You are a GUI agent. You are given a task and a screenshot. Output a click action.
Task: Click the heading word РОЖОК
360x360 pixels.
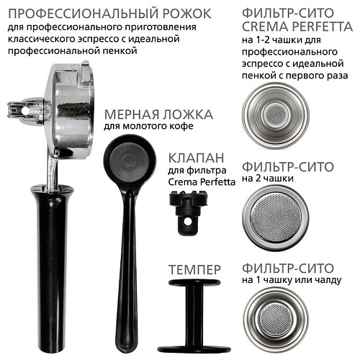187,14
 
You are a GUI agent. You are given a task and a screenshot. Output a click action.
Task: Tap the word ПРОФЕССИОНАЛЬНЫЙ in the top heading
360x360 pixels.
84,14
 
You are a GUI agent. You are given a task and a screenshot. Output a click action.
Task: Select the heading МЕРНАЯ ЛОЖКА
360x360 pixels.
158,114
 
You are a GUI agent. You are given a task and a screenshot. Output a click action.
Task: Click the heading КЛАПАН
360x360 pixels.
196,158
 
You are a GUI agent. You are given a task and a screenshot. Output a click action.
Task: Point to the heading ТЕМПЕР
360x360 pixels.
194,269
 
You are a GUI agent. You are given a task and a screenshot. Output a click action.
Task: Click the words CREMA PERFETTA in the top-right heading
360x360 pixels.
297,27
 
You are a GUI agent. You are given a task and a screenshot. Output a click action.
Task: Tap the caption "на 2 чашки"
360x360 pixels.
267,179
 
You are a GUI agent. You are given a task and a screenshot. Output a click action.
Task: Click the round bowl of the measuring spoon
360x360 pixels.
130,162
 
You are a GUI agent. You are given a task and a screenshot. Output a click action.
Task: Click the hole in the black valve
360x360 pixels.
188,222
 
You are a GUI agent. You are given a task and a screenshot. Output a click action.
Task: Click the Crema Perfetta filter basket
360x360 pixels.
276,116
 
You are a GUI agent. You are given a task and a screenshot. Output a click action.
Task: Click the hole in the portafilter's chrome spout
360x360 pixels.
24,110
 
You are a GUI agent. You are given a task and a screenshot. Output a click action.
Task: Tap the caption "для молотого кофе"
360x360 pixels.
148,127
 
